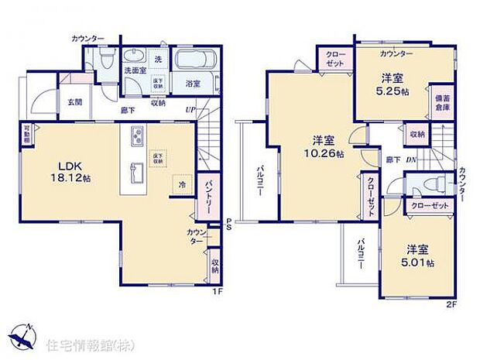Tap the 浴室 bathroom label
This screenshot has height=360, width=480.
click(193, 83)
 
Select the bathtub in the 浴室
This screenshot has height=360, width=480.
click(196, 61)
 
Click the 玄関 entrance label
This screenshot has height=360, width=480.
click(74, 101)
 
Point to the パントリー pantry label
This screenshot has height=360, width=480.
click(208, 196)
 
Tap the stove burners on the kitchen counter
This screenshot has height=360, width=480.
click(136, 137)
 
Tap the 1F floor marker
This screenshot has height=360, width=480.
click(218, 292)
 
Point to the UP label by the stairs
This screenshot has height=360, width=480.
click(190, 110)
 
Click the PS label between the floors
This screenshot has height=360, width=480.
click(229, 225)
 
